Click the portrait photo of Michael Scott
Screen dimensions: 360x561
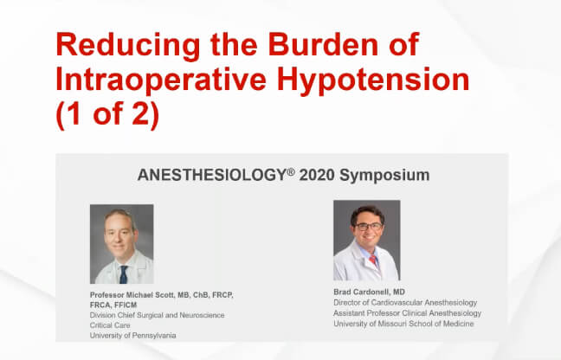pyautogui.click(x=121, y=244)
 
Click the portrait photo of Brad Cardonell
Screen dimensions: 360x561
pyautogui.click(x=366, y=241)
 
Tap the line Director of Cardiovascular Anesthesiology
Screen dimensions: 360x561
pyautogui.click(x=403, y=302)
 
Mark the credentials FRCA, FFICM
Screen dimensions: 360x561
pyautogui.click(x=119, y=305)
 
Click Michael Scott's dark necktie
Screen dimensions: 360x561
pyautogui.click(x=124, y=273)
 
